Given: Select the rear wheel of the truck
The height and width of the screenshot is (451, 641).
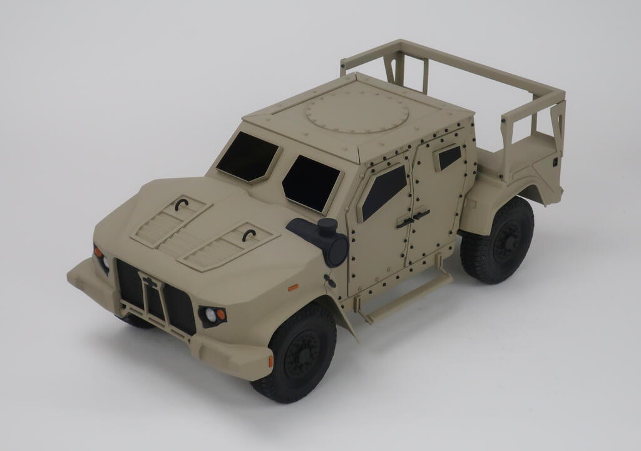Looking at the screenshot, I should click(498, 241).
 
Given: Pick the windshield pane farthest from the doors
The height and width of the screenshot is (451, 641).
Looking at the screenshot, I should click(247, 157).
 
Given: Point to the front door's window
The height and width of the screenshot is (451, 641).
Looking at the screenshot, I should click(383, 190).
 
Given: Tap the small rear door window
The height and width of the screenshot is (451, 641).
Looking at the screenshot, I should click(449, 157).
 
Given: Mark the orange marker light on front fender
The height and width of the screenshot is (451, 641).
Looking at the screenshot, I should click(292, 288).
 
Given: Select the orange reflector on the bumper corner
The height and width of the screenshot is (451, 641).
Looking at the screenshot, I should click(270, 361).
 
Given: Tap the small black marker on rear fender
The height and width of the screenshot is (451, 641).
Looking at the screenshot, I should click(555, 162).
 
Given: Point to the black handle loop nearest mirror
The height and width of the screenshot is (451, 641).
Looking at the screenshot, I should click(249, 236).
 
